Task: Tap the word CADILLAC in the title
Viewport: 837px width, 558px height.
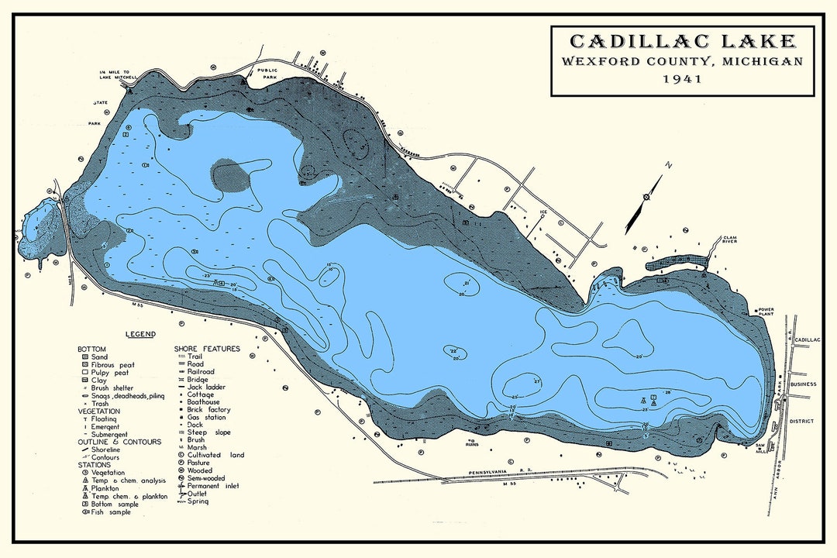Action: [620, 41]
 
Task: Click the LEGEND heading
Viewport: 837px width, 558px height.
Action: [140, 334]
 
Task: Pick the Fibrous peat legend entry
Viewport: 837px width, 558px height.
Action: [112, 364]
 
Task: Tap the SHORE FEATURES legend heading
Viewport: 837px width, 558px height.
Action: [207, 349]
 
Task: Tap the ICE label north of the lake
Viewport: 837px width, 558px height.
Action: [543, 212]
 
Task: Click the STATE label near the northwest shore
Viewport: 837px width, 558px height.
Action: [100, 102]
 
